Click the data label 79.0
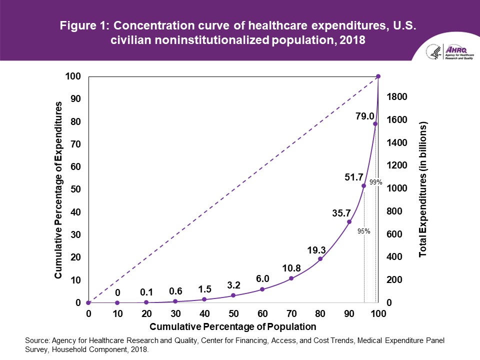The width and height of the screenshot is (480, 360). (x=365, y=116)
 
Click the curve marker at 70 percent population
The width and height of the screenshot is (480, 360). (x=291, y=278)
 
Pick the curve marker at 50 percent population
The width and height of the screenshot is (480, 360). (x=233, y=295)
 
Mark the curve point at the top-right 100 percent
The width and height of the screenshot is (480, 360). (x=378, y=76)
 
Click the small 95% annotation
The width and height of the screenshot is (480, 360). (x=363, y=231)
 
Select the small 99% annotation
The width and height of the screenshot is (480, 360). (x=376, y=183)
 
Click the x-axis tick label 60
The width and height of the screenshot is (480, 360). (x=262, y=314)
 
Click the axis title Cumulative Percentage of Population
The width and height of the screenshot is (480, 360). (x=233, y=326)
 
